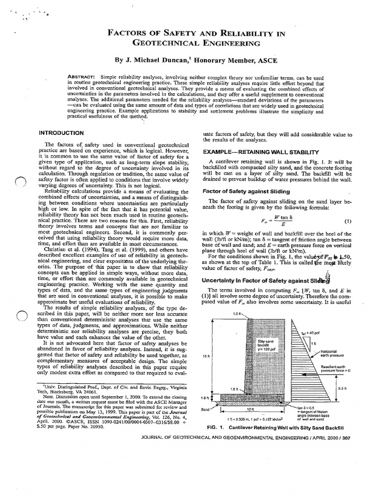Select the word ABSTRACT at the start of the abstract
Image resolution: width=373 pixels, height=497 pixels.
click(82, 77)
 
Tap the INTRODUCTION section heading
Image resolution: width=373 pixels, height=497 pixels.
click(61, 133)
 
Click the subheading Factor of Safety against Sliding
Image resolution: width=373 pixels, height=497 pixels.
click(246, 191)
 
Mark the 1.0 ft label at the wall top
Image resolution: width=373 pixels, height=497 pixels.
click(237, 314)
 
